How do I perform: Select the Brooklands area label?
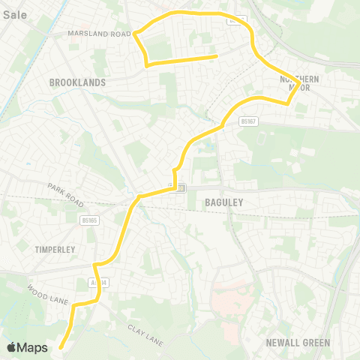click(x=77, y=82)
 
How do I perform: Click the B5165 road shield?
click(x=89, y=220)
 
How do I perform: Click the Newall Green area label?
click(x=298, y=343)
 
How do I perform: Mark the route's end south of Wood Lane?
click(x=60, y=346)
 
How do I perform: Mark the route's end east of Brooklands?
click(x=216, y=55)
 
